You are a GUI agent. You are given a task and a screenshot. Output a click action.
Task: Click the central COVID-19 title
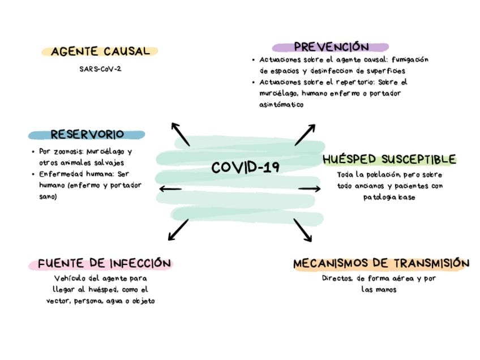(245, 168)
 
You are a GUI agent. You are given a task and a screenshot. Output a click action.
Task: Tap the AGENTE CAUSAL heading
(100, 52)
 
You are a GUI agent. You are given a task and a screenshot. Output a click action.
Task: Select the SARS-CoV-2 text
(100, 69)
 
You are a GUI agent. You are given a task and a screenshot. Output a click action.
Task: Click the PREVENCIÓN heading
(331, 47)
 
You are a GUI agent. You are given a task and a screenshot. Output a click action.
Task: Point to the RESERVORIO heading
(87, 135)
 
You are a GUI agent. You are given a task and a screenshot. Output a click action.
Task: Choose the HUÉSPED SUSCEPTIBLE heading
(389, 159)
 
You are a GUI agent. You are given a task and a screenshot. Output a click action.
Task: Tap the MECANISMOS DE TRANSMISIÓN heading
(381, 263)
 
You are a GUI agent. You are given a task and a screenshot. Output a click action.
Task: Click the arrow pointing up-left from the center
(181, 134)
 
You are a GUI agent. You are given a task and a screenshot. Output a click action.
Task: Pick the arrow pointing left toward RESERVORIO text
(170, 188)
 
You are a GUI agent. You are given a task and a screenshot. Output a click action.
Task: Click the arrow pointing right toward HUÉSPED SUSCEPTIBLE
(310, 188)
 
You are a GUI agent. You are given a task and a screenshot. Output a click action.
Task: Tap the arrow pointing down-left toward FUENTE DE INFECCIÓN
(178, 229)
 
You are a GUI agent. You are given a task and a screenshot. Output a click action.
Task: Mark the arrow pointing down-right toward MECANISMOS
(303, 230)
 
